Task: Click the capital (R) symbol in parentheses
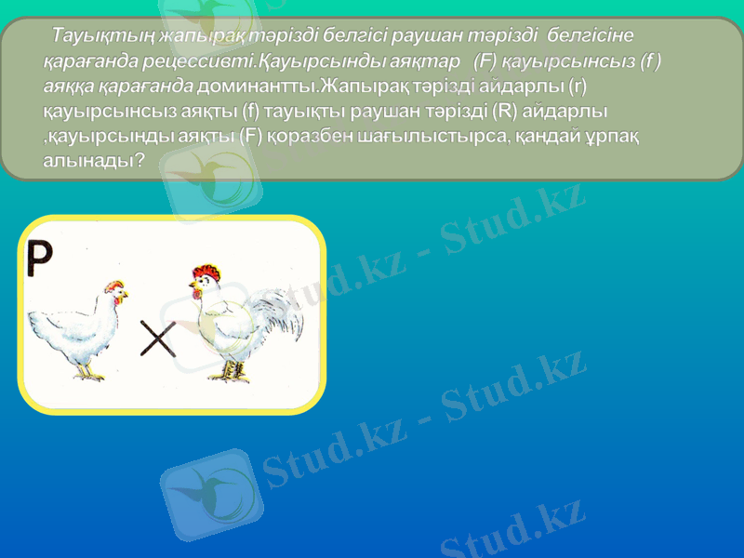click(x=506, y=112)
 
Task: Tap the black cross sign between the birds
click(x=158, y=339)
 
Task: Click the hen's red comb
click(x=114, y=286)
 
